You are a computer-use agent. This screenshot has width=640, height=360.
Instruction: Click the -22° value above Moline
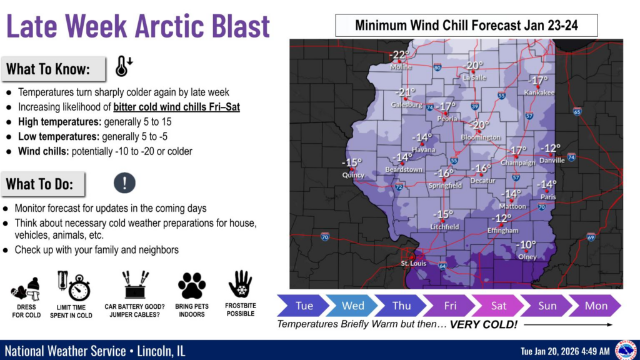(399, 55)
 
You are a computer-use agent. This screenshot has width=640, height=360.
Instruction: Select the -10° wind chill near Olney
(527, 245)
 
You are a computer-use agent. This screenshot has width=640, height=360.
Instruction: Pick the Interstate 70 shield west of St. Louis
(325, 236)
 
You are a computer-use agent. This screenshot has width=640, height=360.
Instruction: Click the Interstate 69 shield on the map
(591, 237)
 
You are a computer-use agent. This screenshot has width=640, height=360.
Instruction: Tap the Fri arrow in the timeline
(449, 306)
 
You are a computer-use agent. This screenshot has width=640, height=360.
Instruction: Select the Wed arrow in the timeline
(352, 306)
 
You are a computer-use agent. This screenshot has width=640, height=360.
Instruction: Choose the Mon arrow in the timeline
(596, 306)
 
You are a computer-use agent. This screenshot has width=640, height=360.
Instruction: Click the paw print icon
(192, 286)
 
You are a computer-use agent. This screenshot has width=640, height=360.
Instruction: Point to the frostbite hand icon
(240, 284)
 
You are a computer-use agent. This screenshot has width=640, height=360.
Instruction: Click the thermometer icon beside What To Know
(123, 66)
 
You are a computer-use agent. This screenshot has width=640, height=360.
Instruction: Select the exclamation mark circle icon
(125, 182)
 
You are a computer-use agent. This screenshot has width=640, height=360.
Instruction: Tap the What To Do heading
(40, 184)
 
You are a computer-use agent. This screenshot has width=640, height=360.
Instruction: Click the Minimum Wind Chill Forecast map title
(466, 26)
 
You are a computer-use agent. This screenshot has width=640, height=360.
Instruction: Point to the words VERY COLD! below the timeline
(484, 325)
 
